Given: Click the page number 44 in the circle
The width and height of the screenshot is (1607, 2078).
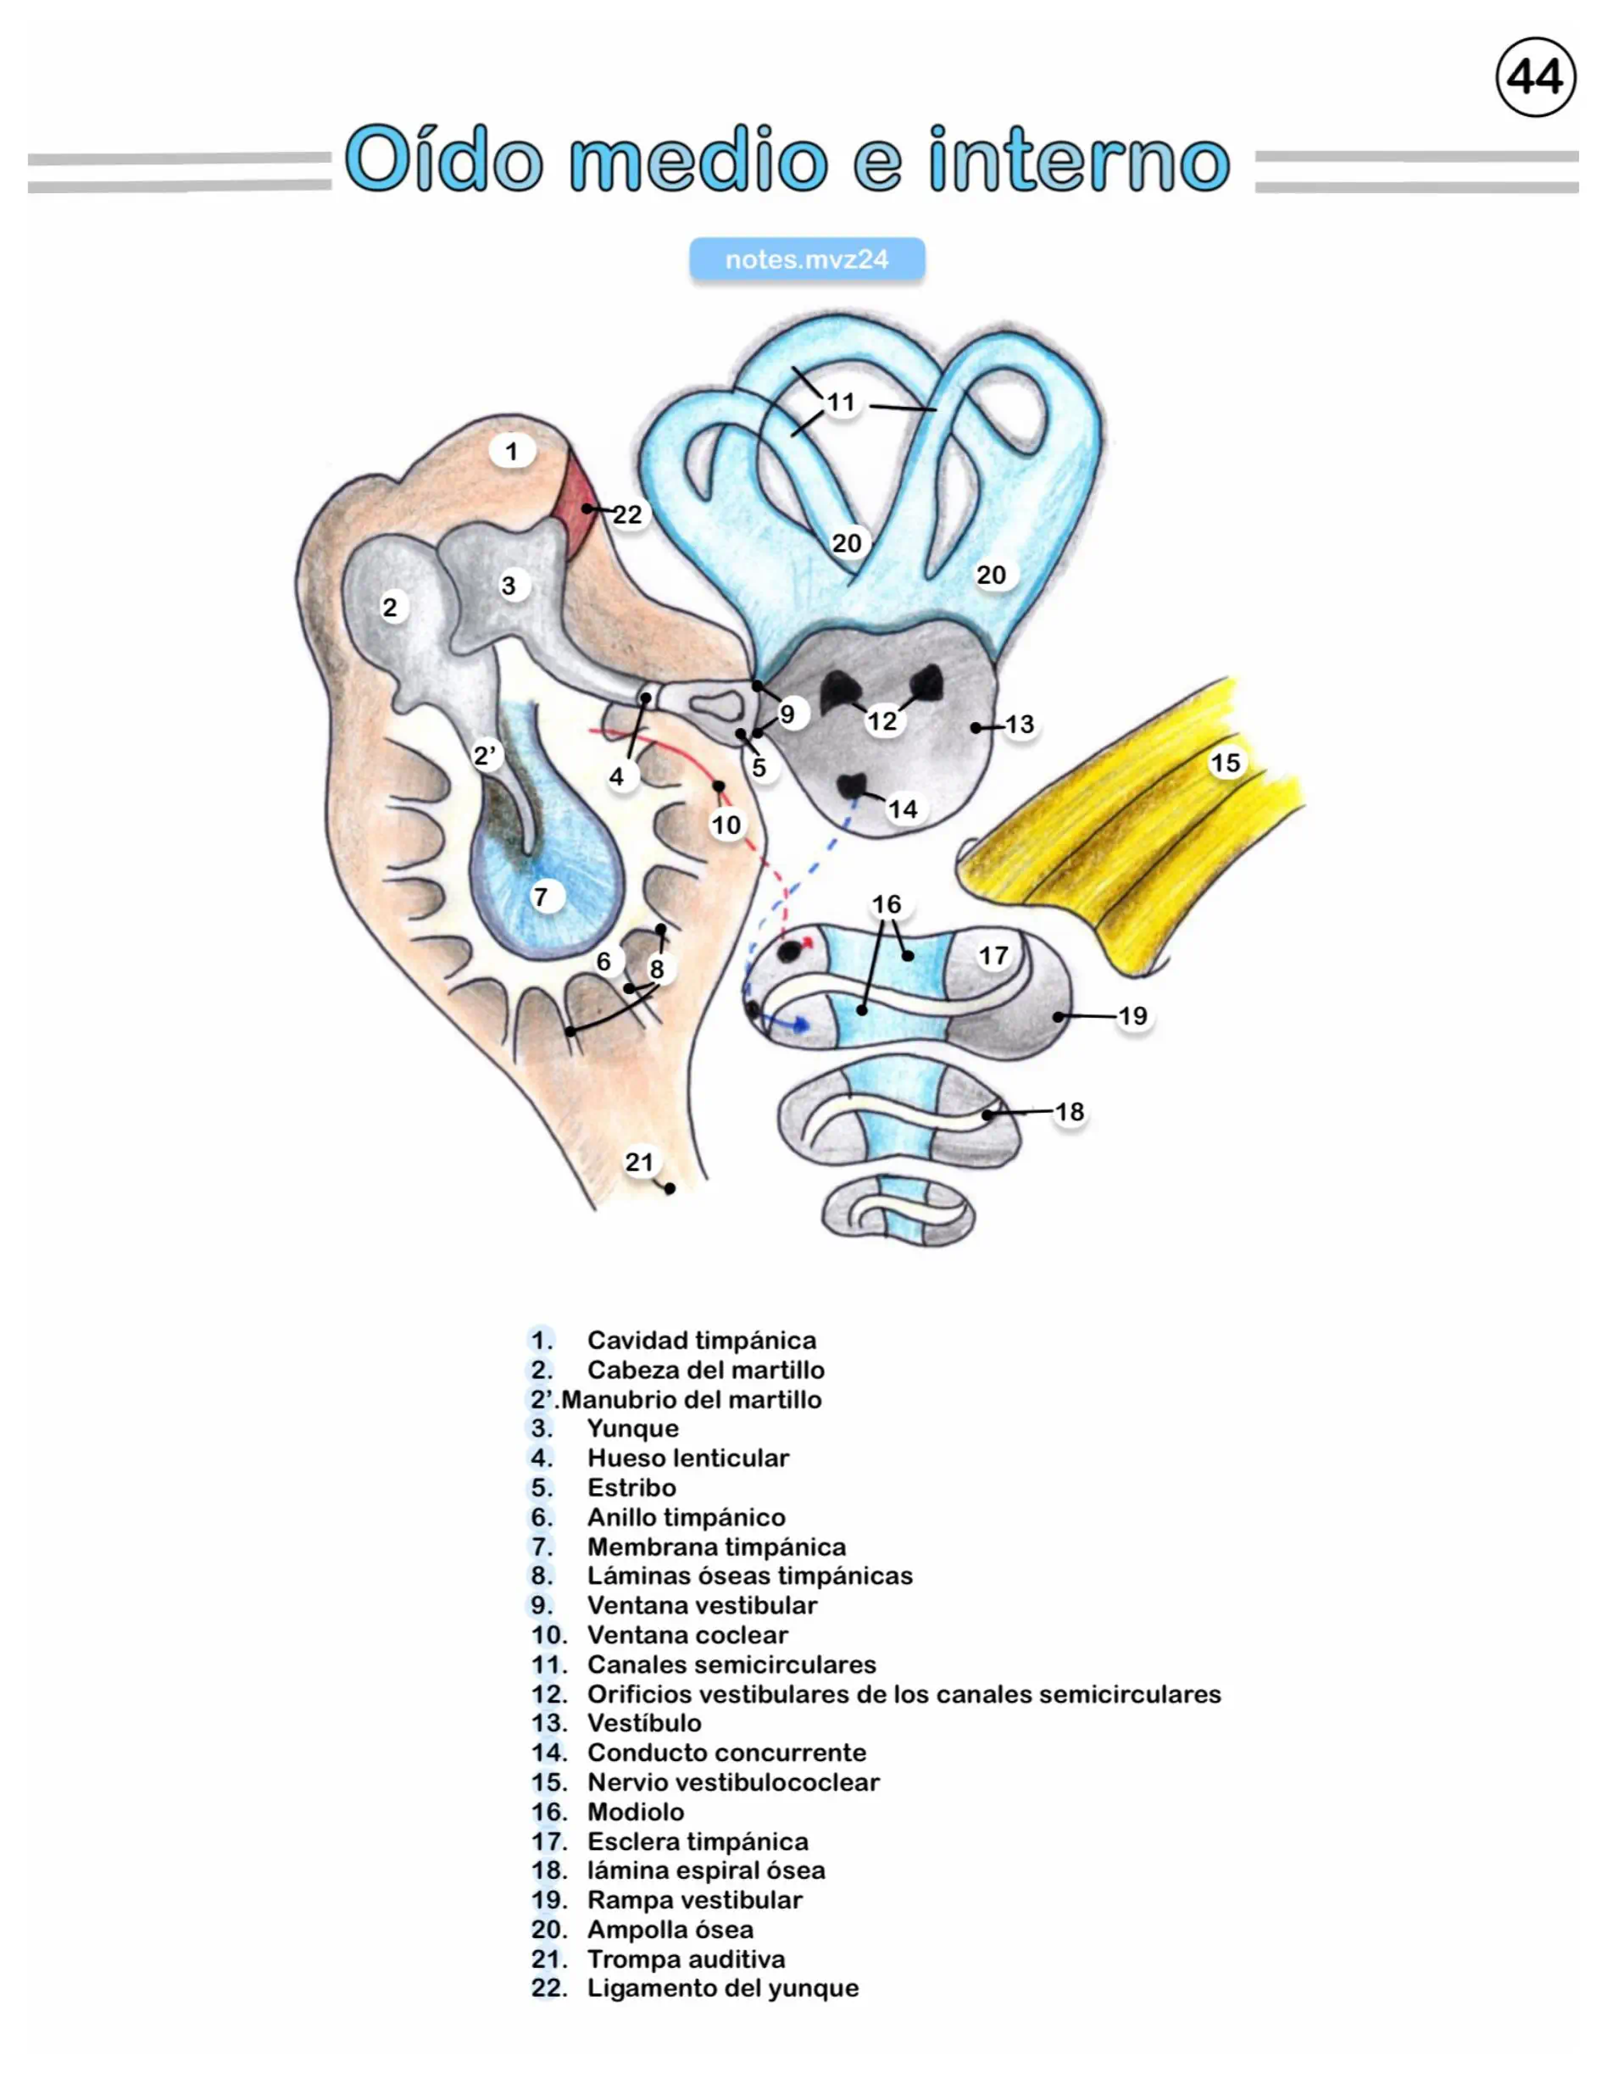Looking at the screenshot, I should tap(1535, 77).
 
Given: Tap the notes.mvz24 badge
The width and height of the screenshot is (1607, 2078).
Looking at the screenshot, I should tap(806, 259).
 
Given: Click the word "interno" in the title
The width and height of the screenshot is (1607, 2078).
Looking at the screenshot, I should tap(1079, 158).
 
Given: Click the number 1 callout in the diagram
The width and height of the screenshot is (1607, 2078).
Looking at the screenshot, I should tap(512, 451).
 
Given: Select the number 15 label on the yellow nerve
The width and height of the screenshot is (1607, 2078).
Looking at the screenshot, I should tap(1226, 762).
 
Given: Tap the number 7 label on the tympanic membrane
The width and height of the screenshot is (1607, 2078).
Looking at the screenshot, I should tap(541, 897).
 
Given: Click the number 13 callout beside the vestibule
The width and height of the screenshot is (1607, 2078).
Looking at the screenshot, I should tap(1019, 724).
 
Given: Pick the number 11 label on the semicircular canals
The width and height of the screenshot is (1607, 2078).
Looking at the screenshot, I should tap(841, 403).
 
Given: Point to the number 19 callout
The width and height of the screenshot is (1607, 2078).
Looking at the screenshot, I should tap(1132, 1016).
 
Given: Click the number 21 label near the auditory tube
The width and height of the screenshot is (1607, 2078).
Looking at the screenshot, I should tap(639, 1162).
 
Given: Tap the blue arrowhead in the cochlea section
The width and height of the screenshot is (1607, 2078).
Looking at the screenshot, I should tap(802, 1025).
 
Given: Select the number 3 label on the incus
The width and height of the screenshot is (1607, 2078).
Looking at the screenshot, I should tap(509, 585).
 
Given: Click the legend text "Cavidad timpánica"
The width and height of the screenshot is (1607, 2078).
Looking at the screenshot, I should tap(701, 1340).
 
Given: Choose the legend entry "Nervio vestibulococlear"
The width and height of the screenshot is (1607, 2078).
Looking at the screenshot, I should tap(732, 1782).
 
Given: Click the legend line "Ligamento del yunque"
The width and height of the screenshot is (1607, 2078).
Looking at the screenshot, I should tap(722, 1987).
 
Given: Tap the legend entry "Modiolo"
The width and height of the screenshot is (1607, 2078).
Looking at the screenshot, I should tap(635, 1812).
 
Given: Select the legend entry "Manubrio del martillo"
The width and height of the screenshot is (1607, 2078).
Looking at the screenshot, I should tap(691, 1398).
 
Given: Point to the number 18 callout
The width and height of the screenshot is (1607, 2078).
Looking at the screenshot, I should tap(1070, 1111).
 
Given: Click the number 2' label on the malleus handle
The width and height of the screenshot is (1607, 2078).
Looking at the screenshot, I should tap(486, 755).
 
